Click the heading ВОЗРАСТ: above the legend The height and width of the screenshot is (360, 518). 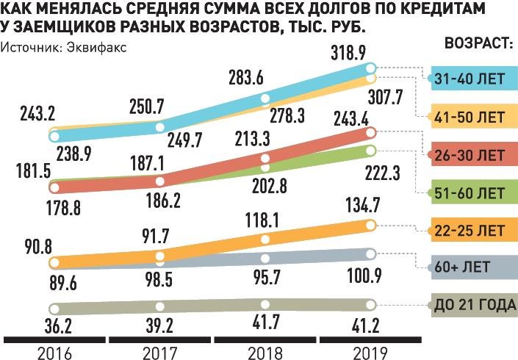click(478, 43)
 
